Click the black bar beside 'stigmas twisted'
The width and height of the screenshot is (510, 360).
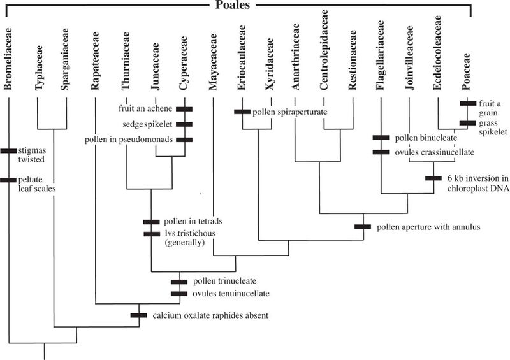tap(8, 150)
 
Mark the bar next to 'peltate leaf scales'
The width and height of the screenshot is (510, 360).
tap(8, 180)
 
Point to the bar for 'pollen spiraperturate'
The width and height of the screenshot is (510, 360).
tap(242, 112)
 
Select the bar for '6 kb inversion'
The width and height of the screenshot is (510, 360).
tap(433, 178)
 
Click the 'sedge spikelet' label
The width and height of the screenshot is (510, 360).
tap(150, 124)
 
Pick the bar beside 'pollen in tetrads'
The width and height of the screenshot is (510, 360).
tap(151, 221)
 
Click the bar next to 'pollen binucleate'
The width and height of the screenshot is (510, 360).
tap(381, 138)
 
